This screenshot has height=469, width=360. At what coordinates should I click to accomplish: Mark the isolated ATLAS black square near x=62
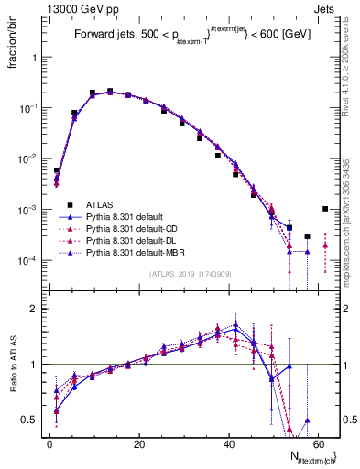coord(325,209)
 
